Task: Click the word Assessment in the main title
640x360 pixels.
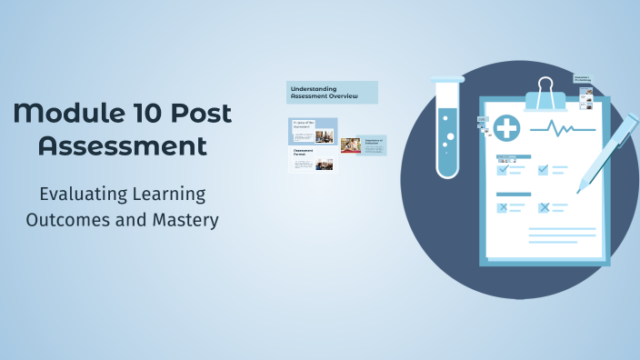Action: point(123,145)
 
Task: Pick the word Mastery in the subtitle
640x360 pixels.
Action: point(187,220)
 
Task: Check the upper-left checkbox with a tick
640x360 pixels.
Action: point(502,169)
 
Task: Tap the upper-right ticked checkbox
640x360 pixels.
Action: point(544,169)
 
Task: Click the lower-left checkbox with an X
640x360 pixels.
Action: point(502,208)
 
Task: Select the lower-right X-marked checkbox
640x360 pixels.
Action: point(544,208)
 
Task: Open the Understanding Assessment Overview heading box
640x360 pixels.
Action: point(332,92)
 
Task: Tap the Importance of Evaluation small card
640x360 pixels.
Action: point(375,145)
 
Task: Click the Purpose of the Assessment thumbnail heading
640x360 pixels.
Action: point(303,123)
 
